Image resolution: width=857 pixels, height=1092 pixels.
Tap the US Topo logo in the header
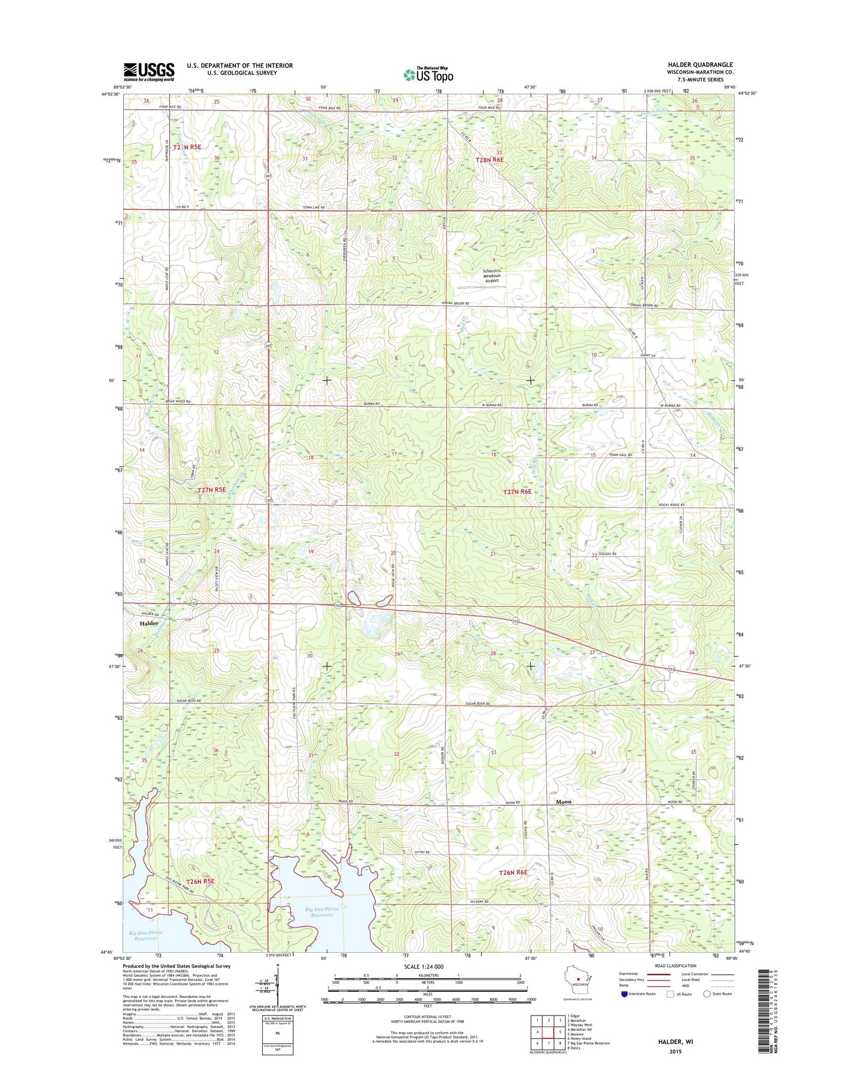click(x=428, y=74)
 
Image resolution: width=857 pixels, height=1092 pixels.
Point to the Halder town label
click(x=149, y=624)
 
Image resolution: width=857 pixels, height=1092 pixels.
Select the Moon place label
click(x=563, y=802)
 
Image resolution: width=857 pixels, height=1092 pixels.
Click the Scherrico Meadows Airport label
click(x=492, y=276)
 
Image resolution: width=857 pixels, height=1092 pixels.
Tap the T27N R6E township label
click(x=517, y=491)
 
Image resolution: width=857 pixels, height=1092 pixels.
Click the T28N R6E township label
click(x=489, y=159)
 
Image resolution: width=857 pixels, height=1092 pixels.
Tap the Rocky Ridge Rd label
click(x=671, y=505)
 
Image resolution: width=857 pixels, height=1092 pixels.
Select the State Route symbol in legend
click(x=707, y=994)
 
